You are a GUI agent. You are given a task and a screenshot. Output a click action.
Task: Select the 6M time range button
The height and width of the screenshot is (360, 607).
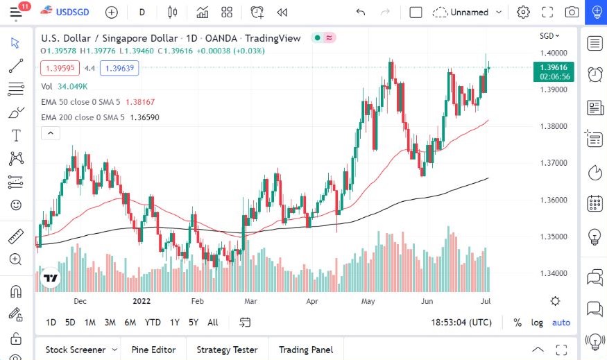pyautogui.click(x=130, y=323)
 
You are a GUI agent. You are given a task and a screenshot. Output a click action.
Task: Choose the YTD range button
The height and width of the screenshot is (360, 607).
pyautogui.click(x=153, y=323)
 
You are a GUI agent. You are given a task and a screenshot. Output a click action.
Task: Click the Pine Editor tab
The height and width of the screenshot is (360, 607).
pyautogui.click(x=153, y=350)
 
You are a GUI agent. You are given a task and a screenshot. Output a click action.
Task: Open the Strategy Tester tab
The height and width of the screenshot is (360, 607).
pyautogui.click(x=226, y=350)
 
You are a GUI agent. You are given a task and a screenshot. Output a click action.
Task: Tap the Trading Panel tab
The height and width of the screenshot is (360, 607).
pyautogui.click(x=305, y=350)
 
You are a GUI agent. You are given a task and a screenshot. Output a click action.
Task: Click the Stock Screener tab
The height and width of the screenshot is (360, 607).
pyautogui.click(x=76, y=350)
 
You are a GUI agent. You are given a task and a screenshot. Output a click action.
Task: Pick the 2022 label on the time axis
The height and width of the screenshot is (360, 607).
pyautogui.click(x=141, y=302)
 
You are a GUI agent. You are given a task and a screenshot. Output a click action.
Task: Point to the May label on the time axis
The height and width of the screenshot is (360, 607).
pyautogui.click(x=368, y=302)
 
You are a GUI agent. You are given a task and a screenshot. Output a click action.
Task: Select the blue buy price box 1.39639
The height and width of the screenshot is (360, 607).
pyautogui.click(x=119, y=68)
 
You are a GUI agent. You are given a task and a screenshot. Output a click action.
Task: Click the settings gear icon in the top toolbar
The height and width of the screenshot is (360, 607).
pyautogui.click(x=523, y=12)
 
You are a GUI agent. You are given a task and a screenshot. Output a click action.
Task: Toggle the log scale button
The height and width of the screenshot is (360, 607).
pyautogui.click(x=537, y=323)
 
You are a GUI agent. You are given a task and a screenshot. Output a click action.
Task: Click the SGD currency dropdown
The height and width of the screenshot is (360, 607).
pyautogui.click(x=549, y=36)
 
